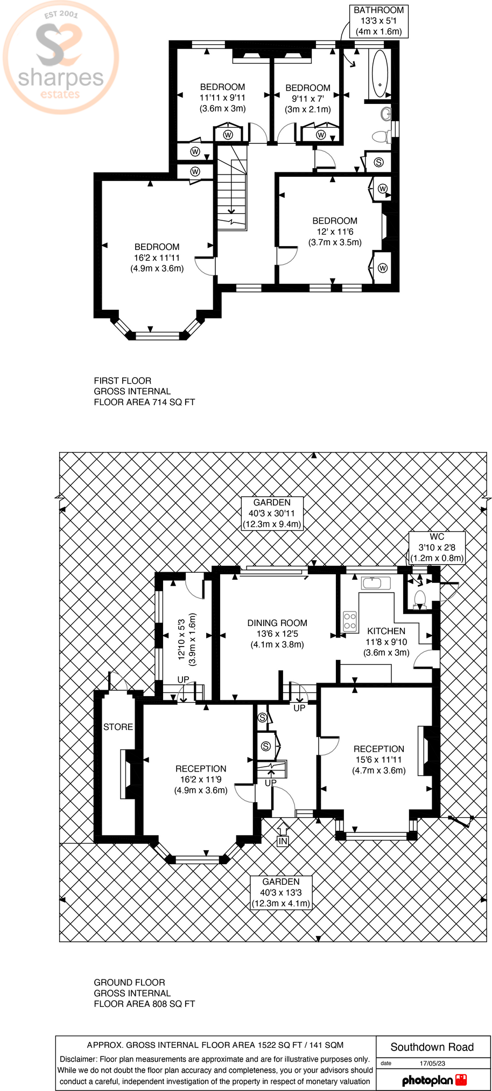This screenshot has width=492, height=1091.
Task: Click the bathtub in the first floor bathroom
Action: [x=380, y=73]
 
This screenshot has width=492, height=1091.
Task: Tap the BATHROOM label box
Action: [x=378, y=21]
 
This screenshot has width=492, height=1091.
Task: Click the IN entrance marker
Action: [x=283, y=841]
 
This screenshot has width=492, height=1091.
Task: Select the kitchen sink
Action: [x=376, y=583]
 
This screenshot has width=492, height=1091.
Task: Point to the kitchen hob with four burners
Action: [x=350, y=621]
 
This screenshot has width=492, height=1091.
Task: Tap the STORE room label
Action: [x=118, y=727]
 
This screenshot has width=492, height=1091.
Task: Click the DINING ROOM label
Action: [x=277, y=634]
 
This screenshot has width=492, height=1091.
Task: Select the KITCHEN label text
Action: [x=386, y=631]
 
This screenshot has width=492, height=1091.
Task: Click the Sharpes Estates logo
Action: [x=61, y=58]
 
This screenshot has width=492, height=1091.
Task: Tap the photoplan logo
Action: [x=434, y=1079]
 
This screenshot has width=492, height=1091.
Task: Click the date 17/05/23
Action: [x=432, y=1063]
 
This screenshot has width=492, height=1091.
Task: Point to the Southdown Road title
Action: [x=432, y=1047]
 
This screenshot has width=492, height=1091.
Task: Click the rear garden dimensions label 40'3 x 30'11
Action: [x=272, y=513]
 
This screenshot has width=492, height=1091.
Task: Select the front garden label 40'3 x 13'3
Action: [x=281, y=893]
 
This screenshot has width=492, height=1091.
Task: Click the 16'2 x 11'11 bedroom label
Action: [x=157, y=258]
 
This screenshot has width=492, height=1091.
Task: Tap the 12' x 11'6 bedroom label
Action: [x=335, y=232]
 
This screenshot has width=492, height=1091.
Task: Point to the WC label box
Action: [x=437, y=547]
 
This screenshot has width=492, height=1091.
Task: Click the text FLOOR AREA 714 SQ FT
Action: [x=144, y=402]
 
